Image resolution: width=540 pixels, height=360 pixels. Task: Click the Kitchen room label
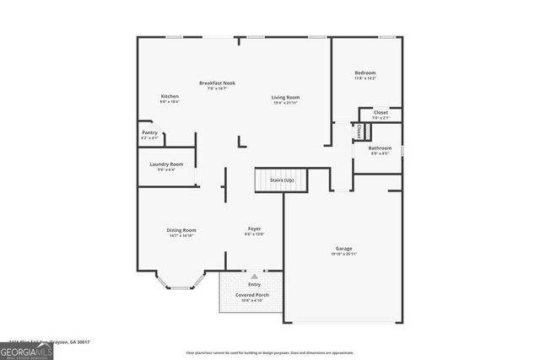pos(170,97)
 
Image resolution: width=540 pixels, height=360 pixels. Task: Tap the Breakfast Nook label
pos(217,83)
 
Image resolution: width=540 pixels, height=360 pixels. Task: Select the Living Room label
pos(285,98)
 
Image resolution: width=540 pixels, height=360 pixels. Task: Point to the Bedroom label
pos(364,73)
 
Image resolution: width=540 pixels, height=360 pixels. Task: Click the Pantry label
pos(149,132)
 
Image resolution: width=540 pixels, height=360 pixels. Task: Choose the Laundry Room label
pos(165,164)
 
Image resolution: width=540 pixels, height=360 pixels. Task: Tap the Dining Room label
pos(182,230)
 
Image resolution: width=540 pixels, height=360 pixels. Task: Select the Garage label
pos(343,249)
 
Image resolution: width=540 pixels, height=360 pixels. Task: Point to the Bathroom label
pos(380,148)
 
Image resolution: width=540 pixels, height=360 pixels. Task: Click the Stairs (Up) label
pos(282,180)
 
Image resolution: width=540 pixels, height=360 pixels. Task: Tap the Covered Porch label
pos(253,295)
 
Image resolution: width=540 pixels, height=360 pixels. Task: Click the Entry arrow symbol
pos(254,277)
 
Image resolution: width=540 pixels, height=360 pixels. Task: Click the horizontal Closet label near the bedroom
pos(381,112)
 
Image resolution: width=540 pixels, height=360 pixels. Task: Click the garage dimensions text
pos(343,255)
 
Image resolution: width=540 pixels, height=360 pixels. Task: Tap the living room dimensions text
pos(285,103)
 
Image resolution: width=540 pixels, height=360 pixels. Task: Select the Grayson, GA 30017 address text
pos(73,342)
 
